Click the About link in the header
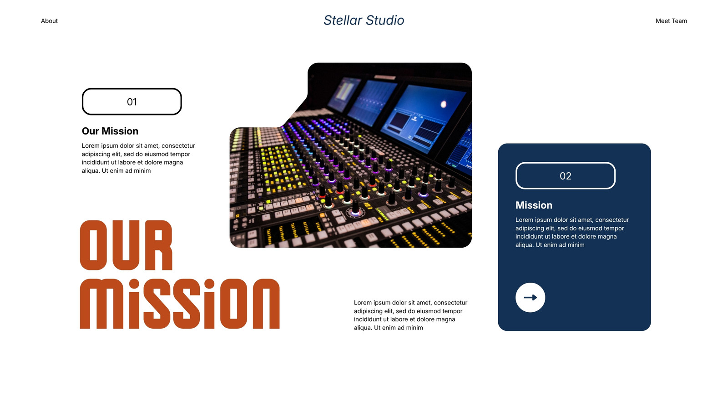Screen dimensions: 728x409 point(49,21)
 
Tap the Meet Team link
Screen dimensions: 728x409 point(671,21)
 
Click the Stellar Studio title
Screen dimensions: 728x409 point(364,20)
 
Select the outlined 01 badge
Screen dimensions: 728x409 point(131,102)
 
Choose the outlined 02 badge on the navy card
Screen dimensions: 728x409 point(566,175)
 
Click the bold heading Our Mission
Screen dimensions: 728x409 point(110,131)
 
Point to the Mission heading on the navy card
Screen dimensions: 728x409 point(534,205)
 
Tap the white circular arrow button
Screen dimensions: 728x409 point(530,297)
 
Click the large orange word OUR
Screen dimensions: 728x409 point(126,245)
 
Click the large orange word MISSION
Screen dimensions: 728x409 point(180,304)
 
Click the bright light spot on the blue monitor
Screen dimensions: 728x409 point(443,104)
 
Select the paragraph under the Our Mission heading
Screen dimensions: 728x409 point(138,158)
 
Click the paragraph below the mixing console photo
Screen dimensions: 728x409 point(410,315)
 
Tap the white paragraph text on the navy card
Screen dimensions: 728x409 point(572,232)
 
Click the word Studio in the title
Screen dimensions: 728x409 point(385,20)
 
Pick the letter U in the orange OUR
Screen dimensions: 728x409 point(126,245)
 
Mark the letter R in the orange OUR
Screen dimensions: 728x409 point(159,245)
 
